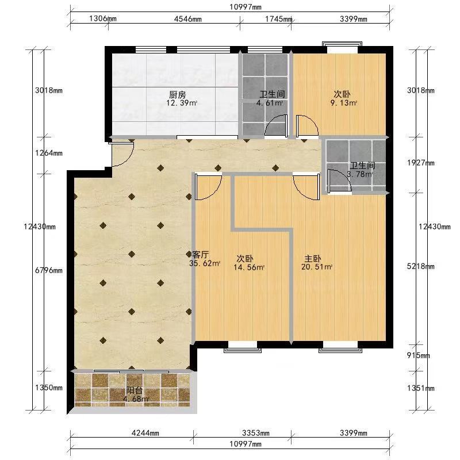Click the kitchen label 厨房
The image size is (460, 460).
tap(178, 95)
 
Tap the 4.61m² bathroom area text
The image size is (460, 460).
tap(269, 103)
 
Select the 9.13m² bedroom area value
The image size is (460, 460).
tap(343, 103)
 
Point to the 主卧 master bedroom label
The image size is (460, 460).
tap(312, 259)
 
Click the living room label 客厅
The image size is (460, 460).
tap(200, 254)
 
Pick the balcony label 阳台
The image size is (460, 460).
tap(135, 390)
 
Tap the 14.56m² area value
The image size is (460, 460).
tap(249, 267)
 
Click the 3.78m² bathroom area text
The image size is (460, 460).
tap(360, 174)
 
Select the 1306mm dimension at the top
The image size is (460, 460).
tap(103, 19)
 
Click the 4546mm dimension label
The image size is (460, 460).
tap(188, 19)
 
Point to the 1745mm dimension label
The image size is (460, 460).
tap(279, 19)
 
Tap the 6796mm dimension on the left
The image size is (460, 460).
tap(49, 270)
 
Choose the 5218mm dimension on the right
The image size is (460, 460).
tap(420, 266)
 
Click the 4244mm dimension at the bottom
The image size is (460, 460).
tap(145, 433)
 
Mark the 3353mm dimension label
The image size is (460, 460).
tap(256, 433)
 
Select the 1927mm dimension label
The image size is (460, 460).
tap(420, 163)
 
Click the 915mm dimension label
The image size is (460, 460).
tap(418, 355)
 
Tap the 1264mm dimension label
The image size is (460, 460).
tap(49, 153)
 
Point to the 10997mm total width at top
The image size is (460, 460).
tap(246, 7)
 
